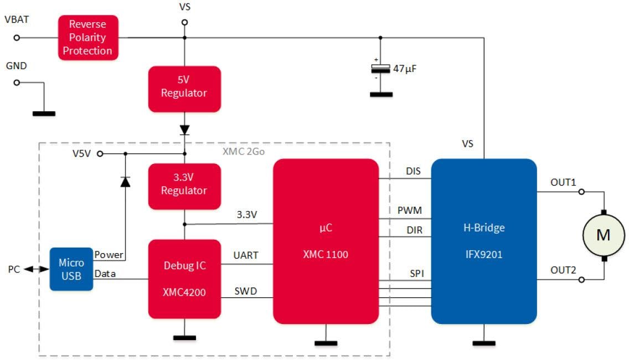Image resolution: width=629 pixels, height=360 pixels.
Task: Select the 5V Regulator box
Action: coord(184,88)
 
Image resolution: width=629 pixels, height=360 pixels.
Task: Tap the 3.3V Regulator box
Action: coord(184,186)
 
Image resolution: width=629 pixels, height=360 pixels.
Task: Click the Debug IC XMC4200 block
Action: coord(184,279)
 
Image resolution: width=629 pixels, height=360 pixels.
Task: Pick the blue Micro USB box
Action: coord(71,269)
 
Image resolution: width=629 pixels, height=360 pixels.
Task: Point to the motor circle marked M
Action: coord(603,235)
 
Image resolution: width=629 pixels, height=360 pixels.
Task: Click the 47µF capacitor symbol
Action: coord(380,69)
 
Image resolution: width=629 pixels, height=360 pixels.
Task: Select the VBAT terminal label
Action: coord(16,20)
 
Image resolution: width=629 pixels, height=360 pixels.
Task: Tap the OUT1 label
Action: coord(563,182)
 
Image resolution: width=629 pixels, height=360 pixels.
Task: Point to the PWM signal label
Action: coord(410,210)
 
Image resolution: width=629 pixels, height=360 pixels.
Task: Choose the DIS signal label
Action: coord(413,171)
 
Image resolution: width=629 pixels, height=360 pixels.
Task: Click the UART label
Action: coord(245,255)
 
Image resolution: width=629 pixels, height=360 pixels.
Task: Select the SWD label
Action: coord(246,290)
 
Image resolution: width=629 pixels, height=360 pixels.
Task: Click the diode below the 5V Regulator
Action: coord(184,131)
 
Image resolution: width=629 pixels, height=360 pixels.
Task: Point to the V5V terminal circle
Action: coord(100,155)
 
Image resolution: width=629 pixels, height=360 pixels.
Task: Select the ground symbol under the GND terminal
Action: coord(44,113)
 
